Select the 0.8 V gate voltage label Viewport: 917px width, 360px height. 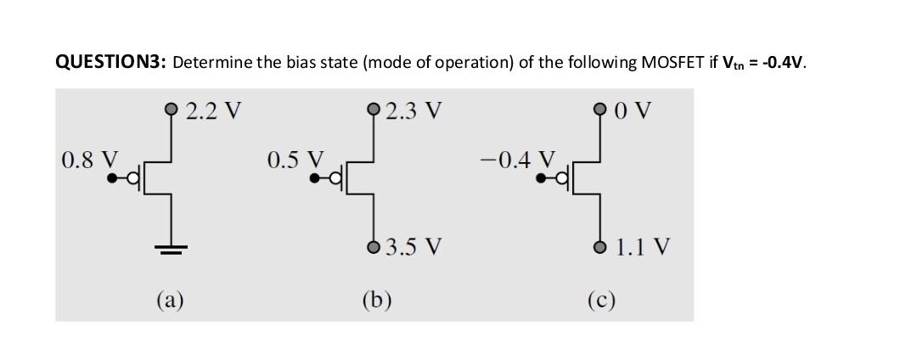coord(89,160)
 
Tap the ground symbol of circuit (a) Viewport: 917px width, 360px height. coord(172,250)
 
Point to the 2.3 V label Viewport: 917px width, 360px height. coord(413,110)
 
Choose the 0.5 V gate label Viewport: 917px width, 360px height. coord(295,160)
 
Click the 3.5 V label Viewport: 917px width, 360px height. coord(413,248)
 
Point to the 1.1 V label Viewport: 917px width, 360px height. coord(643,248)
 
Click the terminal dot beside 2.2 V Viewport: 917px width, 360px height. coord(172,110)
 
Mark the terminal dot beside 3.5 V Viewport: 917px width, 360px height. coord(374,247)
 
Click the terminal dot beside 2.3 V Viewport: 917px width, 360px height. coord(374,110)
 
